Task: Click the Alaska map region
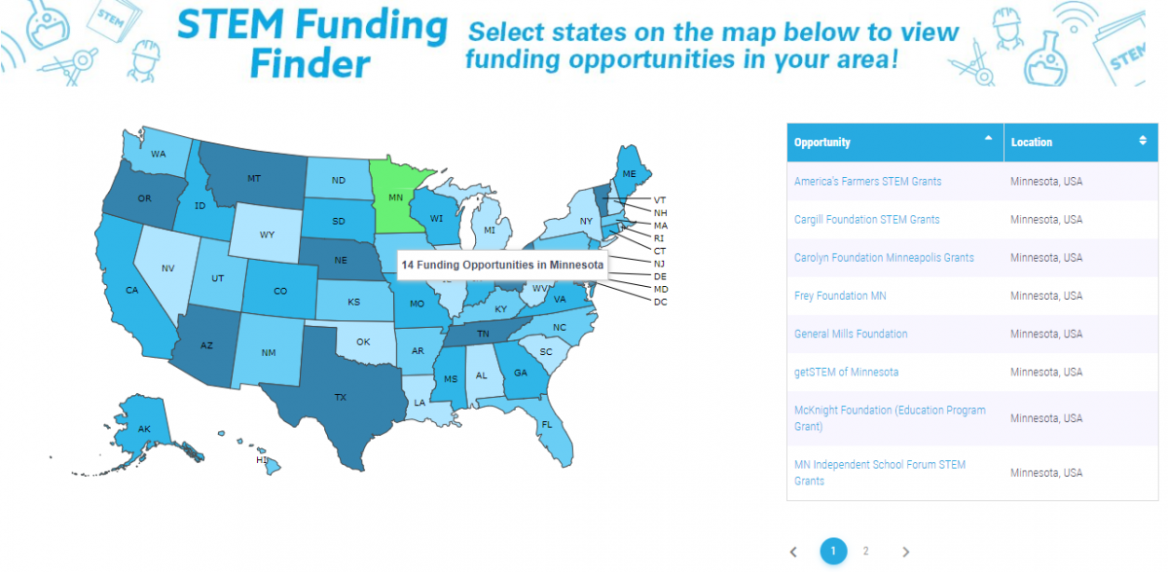pyautogui.click(x=144, y=425)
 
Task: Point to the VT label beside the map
pyautogui.click(x=660, y=199)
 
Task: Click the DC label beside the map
pyautogui.click(x=660, y=302)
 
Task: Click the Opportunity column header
pyautogui.click(x=822, y=142)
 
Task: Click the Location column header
pyautogui.click(x=1032, y=142)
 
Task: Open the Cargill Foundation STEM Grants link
pyautogui.click(x=866, y=220)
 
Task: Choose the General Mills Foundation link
pyautogui.click(x=851, y=334)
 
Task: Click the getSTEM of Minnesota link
pyautogui.click(x=846, y=372)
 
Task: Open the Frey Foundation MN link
pyautogui.click(x=840, y=296)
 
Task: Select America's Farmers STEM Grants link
pyautogui.click(x=867, y=181)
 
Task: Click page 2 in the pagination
pyautogui.click(x=865, y=551)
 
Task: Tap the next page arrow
pyautogui.click(x=906, y=552)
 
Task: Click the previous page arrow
pyautogui.click(x=793, y=552)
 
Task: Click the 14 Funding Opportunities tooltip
pyautogui.click(x=502, y=265)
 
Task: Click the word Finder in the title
pyautogui.click(x=310, y=64)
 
